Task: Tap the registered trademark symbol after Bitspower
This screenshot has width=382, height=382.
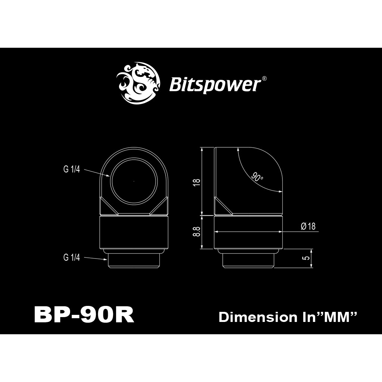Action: pyautogui.click(x=264, y=78)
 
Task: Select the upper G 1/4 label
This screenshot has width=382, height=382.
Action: pyautogui.click(x=71, y=169)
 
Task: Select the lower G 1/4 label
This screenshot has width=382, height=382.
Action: pyautogui.click(x=71, y=257)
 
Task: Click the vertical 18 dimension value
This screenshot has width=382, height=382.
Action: pyautogui.click(x=197, y=182)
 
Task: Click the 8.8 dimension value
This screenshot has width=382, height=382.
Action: pyautogui.click(x=197, y=231)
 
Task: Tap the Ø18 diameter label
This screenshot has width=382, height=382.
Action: pyautogui.click(x=308, y=226)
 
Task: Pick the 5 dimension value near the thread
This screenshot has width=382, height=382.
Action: pyautogui.click(x=307, y=257)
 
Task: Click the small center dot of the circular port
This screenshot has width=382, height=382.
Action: pyautogui.click(x=134, y=181)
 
